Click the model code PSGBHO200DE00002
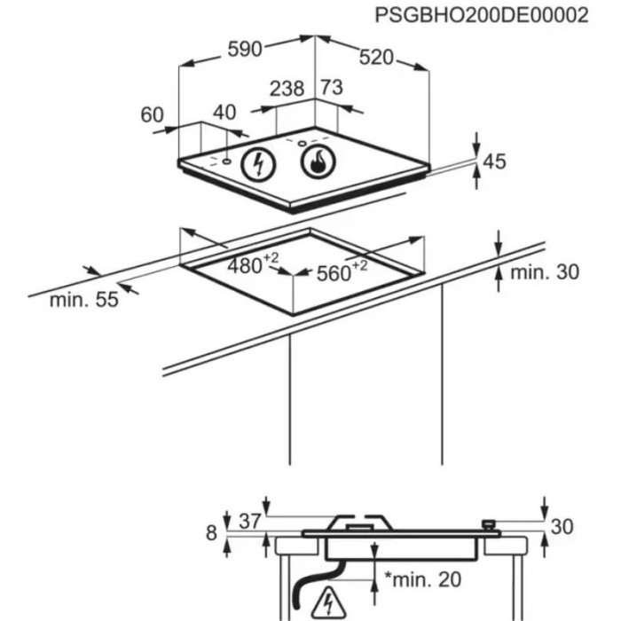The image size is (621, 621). [481, 17]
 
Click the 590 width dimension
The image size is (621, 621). [245, 50]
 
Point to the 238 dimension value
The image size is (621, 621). [287, 89]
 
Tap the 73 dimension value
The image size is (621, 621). [331, 88]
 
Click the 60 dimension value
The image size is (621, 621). [153, 114]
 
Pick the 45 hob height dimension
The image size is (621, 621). [494, 161]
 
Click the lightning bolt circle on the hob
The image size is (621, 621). [259, 163]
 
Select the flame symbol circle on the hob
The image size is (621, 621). [318, 161]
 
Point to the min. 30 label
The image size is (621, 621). [543, 271]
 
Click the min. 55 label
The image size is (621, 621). [83, 300]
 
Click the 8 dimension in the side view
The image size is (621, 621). [211, 532]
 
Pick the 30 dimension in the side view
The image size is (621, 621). [562, 526]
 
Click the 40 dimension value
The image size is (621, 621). [225, 113]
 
